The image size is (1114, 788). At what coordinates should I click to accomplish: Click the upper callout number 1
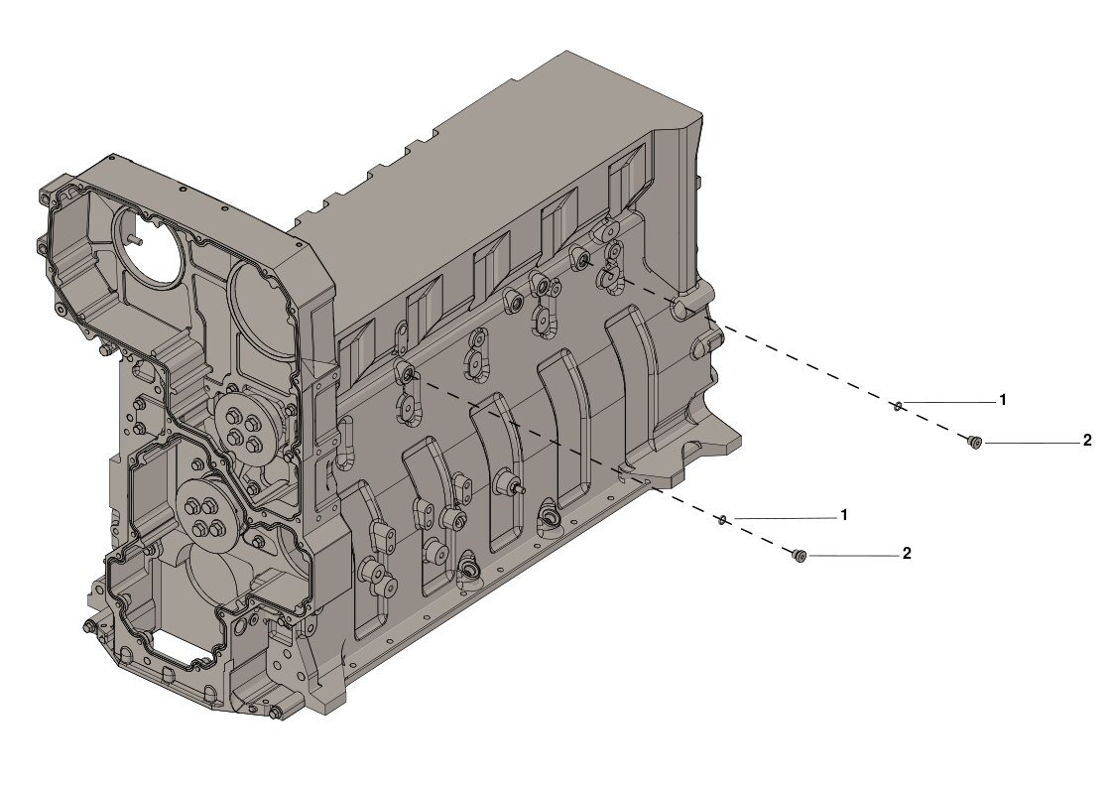(1003, 400)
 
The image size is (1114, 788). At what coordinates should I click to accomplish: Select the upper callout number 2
(1086, 441)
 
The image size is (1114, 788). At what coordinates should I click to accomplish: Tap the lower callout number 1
(844, 515)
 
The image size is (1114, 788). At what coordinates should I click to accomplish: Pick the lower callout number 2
(907, 554)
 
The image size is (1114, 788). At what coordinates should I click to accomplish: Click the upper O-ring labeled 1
(896, 404)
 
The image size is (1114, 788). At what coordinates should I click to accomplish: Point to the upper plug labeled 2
(974, 442)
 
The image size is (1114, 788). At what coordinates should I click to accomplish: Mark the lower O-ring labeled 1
(724, 518)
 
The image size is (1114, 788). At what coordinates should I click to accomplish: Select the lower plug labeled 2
(799, 555)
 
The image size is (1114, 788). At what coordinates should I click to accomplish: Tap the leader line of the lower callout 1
(784, 518)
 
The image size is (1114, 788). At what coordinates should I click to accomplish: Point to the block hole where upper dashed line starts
(582, 260)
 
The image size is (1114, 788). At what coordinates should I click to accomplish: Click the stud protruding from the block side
(515, 486)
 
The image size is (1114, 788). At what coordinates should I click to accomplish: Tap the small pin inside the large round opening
(136, 239)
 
